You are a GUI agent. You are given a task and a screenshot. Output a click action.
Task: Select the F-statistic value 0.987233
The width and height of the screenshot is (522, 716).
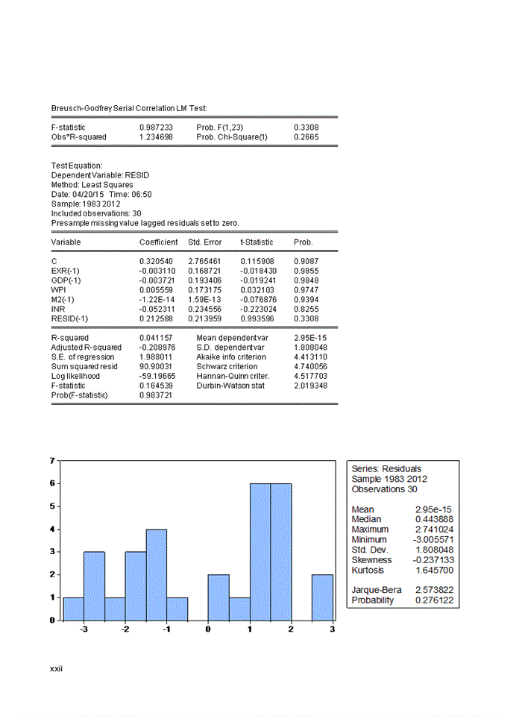[x=156, y=128]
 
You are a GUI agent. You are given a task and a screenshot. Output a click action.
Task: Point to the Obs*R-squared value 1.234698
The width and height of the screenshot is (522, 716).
[x=156, y=137]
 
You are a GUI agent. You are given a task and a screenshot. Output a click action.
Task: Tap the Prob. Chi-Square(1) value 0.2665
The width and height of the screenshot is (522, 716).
[x=306, y=137]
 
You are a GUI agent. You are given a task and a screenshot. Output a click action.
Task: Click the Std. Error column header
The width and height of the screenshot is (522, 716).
[x=206, y=242]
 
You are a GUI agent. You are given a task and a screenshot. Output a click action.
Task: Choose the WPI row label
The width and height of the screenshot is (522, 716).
[x=58, y=289]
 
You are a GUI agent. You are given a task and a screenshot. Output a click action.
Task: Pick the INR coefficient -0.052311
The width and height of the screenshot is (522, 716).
[x=157, y=308]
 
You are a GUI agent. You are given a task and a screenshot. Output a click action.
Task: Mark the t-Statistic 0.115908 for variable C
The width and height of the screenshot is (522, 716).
[x=257, y=260]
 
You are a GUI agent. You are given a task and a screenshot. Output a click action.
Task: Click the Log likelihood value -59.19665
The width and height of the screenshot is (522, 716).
[x=157, y=376]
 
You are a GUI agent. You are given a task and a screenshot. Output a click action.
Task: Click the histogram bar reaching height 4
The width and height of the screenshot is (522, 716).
[x=156, y=574]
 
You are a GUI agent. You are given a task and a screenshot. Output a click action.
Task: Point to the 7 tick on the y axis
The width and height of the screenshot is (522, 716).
[x=51, y=460]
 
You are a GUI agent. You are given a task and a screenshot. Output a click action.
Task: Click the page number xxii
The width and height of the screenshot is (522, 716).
[x=57, y=668]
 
